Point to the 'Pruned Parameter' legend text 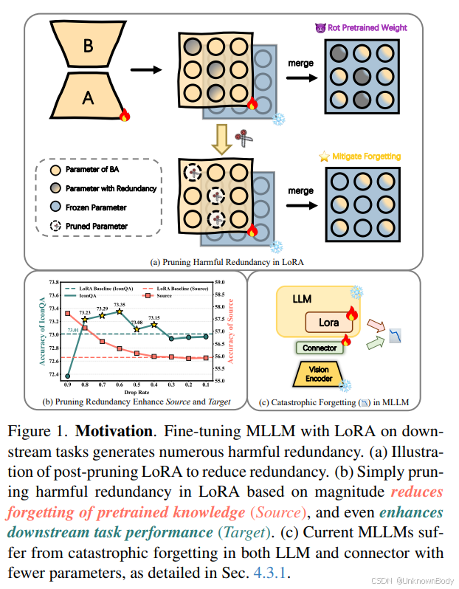coord(96,226)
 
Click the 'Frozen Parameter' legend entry coord(97,207)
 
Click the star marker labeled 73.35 coord(120,311)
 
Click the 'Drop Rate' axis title coord(138,393)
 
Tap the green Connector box coord(320,348)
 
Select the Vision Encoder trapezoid coord(320,373)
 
